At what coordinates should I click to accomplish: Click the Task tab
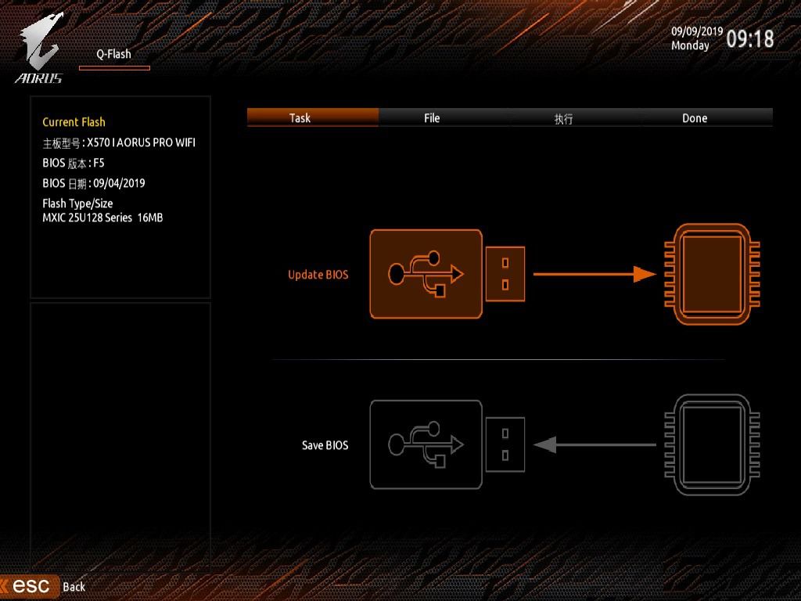(300, 118)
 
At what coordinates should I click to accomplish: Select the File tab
(432, 118)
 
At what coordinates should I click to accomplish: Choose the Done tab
(695, 118)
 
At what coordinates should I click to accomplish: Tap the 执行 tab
(563, 119)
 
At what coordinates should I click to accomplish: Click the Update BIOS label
(318, 275)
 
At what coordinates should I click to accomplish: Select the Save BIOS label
(325, 445)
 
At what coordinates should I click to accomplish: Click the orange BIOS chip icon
(712, 274)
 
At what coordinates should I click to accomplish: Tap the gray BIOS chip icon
(712, 444)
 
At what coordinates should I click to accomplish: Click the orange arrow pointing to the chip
(594, 274)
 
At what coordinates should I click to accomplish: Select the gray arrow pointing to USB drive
(594, 444)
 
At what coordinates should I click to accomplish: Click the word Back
(74, 587)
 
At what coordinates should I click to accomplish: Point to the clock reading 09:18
(749, 38)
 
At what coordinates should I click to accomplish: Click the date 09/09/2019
(697, 31)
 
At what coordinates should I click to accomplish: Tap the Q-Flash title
(114, 54)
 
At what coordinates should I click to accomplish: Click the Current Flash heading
(74, 122)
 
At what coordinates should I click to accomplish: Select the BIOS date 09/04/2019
(119, 183)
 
